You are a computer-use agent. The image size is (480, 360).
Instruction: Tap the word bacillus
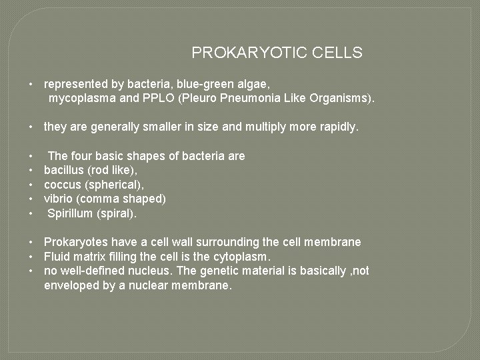click(x=63, y=171)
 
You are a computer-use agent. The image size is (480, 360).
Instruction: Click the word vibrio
click(x=57, y=199)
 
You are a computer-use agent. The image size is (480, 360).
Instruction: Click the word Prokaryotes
click(x=76, y=242)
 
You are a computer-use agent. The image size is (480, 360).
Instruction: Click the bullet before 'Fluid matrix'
click(x=31, y=257)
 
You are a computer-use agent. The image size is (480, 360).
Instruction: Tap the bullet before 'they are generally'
click(x=31, y=127)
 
